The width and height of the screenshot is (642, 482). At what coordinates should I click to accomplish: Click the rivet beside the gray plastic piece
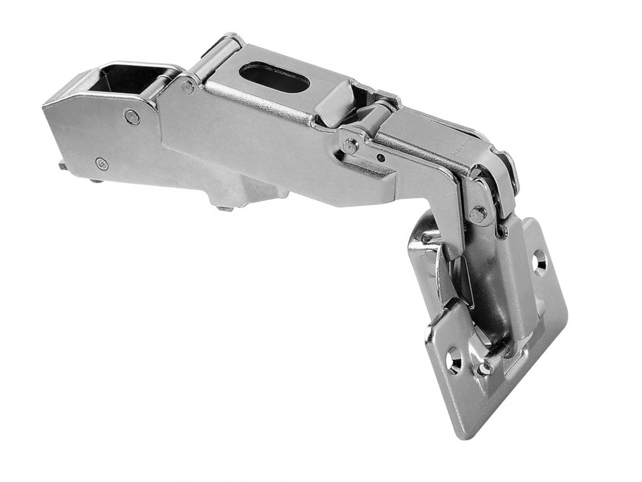[x=349, y=142]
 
